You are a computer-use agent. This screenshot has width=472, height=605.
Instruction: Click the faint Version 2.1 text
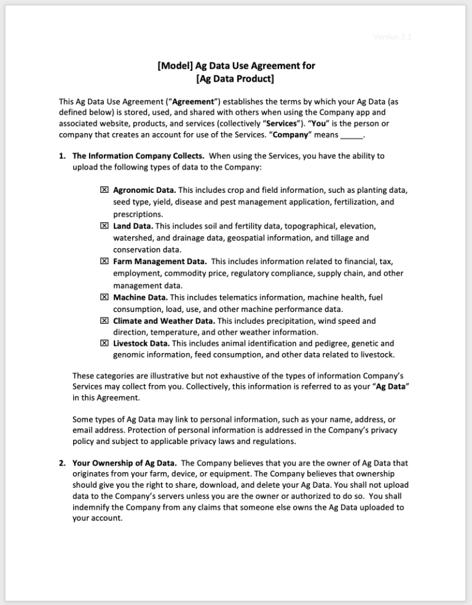click(x=392, y=37)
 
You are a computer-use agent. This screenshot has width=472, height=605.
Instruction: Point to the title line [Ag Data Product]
click(x=235, y=79)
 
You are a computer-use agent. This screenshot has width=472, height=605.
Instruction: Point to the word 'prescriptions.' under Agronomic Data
click(x=138, y=214)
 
